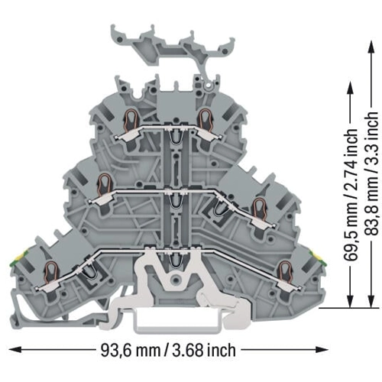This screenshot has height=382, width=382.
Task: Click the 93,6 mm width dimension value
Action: click(x=130, y=350)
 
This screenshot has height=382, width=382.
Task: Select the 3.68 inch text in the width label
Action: click(x=204, y=350)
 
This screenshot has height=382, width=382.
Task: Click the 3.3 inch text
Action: click(x=371, y=139)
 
